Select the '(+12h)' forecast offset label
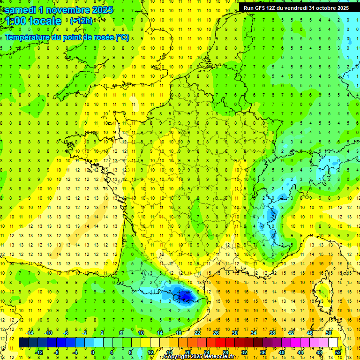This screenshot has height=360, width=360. tap(81, 21)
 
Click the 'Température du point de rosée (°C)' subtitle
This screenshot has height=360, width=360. tap(67, 37)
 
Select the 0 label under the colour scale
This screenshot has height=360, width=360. tap(92, 352)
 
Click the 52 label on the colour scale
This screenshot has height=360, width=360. tap(338, 352)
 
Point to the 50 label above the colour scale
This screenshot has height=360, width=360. tap(329, 333)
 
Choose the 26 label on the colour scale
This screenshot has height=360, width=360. tap(216, 333)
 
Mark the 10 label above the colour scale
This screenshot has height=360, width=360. tap(141, 333)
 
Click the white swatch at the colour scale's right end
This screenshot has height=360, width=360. tap(333, 342)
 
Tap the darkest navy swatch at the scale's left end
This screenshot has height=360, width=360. tap(23, 342)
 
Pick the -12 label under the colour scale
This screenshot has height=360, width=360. tap(39, 352)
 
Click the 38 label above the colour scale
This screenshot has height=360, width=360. tap(272, 333)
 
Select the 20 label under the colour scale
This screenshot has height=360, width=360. tap(187, 352)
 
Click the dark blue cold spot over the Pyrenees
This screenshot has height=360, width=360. tap(184, 295)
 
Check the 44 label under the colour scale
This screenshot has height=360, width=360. tap(300, 352)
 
